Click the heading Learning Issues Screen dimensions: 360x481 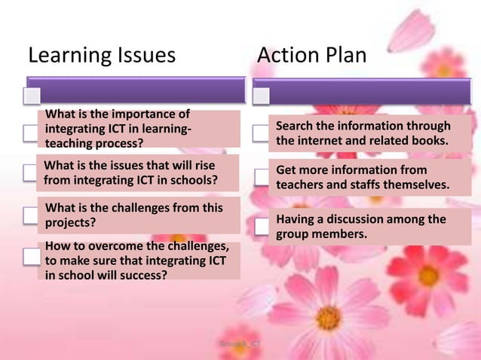pyautogui.click(x=102, y=55)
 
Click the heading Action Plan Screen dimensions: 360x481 pyautogui.click(x=311, y=55)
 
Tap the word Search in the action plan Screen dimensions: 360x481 pyautogui.click(x=296, y=126)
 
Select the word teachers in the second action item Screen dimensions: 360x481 pyautogui.click(x=300, y=185)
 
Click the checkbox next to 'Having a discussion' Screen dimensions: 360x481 pyautogui.click(x=261, y=224)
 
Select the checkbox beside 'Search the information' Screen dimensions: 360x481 pyautogui.click(x=261, y=134)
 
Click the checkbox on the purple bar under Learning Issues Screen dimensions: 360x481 pyautogui.click(x=31, y=96)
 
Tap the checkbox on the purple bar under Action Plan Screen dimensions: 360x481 pyautogui.click(x=261, y=96)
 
